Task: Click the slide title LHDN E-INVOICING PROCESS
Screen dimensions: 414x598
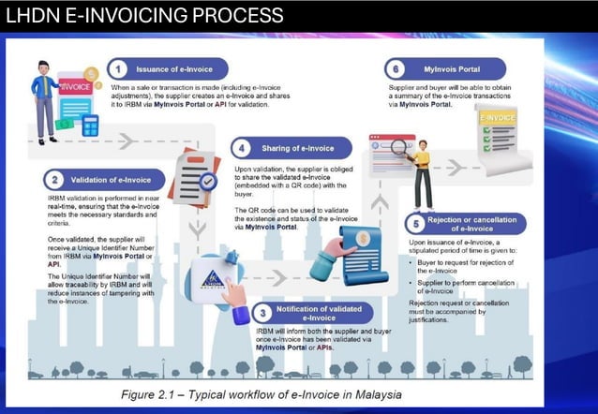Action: point(144,16)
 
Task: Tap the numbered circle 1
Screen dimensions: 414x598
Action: point(119,69)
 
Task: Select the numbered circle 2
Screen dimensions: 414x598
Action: point(56,179)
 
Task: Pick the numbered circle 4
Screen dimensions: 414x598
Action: point(243,148)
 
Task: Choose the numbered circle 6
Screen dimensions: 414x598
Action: point(396,67)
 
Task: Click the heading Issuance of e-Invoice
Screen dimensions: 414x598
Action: point(174,69)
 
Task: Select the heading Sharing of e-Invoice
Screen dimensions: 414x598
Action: point(299,148)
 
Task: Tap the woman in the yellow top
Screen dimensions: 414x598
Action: point(423,174)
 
